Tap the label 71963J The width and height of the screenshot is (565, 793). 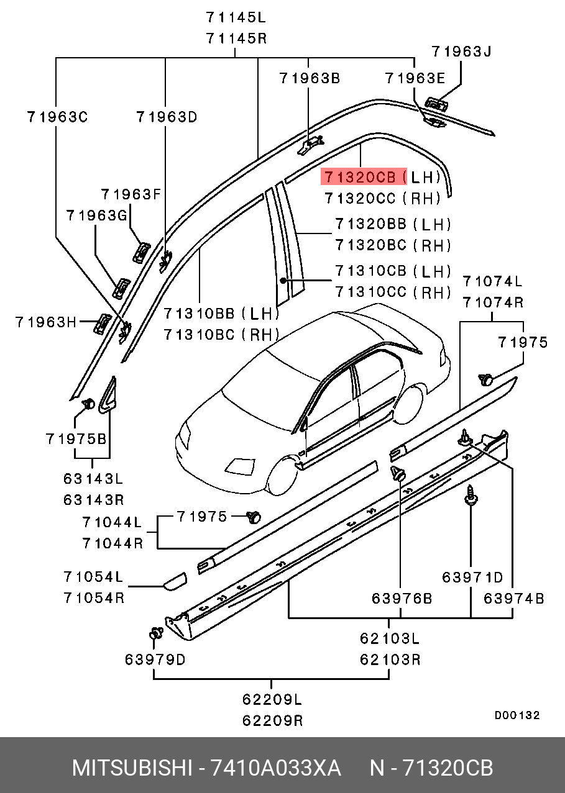pyautogui.click(x=461, y=52)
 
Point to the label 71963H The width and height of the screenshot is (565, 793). pyautogui.click(x=46, y=322)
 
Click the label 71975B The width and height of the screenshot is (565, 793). pyautogui.click(x=76, y=438)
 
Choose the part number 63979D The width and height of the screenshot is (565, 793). pyautogui.click(x=155, y=659)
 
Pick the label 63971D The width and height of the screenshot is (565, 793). pyautogui.click(x=472, y=578)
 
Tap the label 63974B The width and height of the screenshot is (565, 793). pyautogui.click(x=514, y=598)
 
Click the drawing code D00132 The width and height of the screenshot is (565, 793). pyautogui.click(x=517, y=715)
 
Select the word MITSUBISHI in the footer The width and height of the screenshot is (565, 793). pyautogui.click(x=132, y=768)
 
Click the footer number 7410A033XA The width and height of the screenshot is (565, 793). pyautogui.click(x=276, y=768)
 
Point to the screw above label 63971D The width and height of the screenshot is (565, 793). pyautogui.click(x=471, y=496)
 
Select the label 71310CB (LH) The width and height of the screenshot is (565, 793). pyautogui.click(x=393, y=271)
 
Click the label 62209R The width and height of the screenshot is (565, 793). pyautogui.click(x=272, y=720)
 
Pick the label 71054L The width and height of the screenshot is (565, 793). pyautogui.click(x=93, y=577)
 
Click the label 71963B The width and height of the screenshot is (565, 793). pyautogui.click(x=310, y=78)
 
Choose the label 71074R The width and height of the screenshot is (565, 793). pyautogui.click(x=492, y=302)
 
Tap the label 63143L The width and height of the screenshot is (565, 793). pyautogui.click(x=93, y=479)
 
